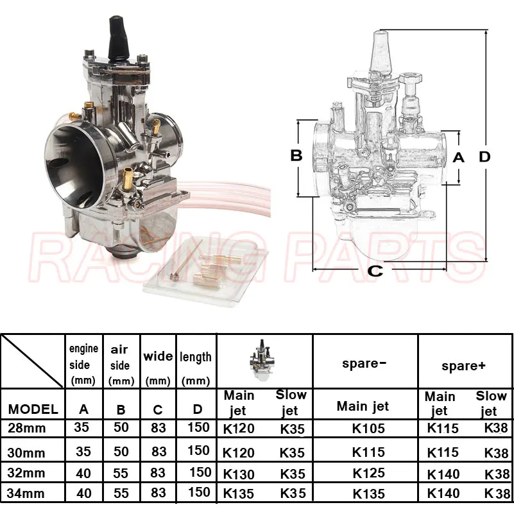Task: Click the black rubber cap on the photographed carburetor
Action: click(118, 39)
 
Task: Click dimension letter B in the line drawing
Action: click(296, 155)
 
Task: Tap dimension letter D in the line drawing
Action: click(484, 157)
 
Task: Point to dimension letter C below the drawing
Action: click(375, 271)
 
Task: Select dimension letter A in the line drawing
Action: click(458, 158)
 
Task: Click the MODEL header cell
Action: click(33, 409)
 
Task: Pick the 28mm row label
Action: click(26, 428)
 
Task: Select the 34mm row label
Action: click(26, 493)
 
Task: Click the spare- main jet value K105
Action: click(368, 429)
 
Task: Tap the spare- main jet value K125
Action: click(368, 473)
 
